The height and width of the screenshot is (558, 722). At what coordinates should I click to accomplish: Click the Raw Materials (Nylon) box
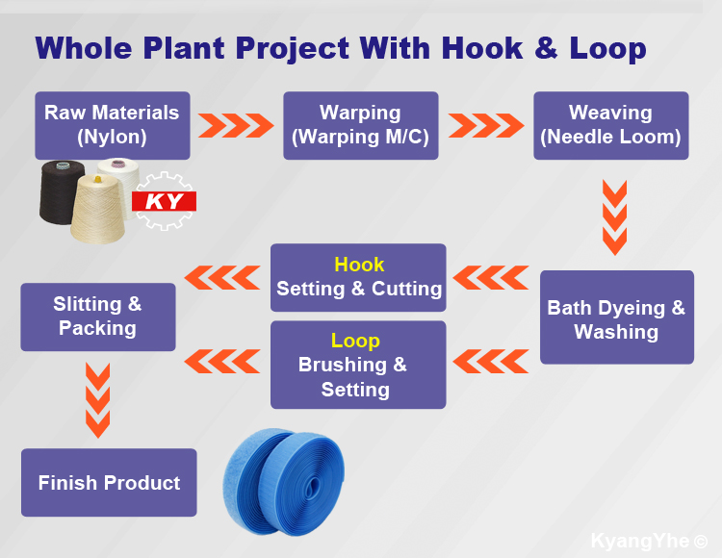(x=113, y=126)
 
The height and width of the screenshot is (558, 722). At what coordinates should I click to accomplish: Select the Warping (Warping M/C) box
(x=361, y=126)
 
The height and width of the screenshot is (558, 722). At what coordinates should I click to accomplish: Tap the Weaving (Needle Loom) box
(x=611, y=126)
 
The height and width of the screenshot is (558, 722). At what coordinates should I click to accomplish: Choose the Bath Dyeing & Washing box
(x=617, y=317)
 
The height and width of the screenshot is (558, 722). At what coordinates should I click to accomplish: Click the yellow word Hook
(x=359, y=265)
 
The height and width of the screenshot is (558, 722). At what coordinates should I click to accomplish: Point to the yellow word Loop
(x=355, y=341)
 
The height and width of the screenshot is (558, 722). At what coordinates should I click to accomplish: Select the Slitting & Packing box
(x=98, y=317)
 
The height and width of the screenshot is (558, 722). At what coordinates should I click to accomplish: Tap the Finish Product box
(x=109, y=483)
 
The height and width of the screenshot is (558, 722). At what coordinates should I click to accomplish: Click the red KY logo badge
(x=164, y=201)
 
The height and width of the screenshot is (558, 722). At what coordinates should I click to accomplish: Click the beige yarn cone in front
(x=98, y=210)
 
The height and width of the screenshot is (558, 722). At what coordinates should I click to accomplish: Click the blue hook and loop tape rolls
(x=284, y=482)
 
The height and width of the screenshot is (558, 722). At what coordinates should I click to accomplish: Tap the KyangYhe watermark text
(x=649, y=541)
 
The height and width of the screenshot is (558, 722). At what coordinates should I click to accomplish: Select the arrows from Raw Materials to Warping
(x=236, y=126)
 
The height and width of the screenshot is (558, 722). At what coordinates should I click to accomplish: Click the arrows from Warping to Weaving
(x=486, y=126)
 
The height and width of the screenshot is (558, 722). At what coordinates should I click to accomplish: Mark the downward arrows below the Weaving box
(x=615, y=217)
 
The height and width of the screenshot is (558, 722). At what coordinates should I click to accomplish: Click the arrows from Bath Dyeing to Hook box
(x=491, y=277)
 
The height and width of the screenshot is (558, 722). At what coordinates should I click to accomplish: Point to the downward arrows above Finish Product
(x=97, y=400)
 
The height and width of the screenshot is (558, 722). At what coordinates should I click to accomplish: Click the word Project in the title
(x=293, y=49)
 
